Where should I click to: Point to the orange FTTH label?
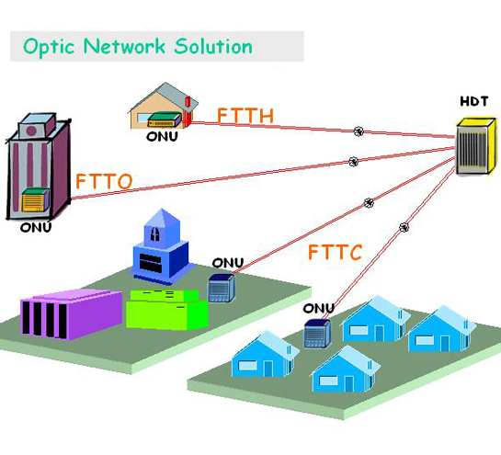[x=245, y=116]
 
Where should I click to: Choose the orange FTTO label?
[x=104, y=180]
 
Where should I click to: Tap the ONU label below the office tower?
[x=36, y=227]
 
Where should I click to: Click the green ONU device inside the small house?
[x=163, y=119]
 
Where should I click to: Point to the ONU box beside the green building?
[x=222, y=288]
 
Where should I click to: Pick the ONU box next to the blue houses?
[x=317, y=333]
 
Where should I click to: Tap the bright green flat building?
[x=166, y=309]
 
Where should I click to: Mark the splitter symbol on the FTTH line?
[x=359, y=132]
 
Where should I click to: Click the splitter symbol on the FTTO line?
[x=353, y=162]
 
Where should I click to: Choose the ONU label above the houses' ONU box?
[x=319, y=308]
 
